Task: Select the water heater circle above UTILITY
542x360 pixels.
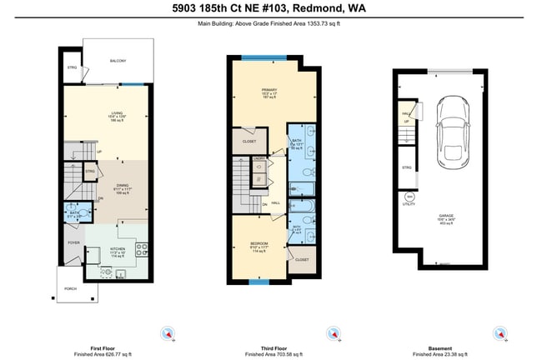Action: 408,197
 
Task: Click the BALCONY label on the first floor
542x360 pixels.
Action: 118,62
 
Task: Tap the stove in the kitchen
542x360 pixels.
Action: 141,247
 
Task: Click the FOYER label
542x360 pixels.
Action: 73,242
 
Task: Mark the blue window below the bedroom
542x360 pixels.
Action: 260,282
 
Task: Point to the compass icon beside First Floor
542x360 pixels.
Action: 169,333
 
